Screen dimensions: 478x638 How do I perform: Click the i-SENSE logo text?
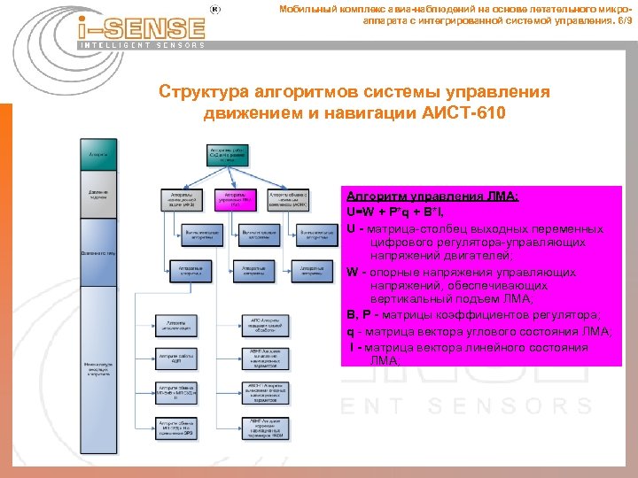146,28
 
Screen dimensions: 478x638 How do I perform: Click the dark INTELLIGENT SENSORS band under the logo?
142,44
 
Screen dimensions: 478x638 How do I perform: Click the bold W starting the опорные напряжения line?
352,271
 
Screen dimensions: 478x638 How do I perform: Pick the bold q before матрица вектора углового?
351,332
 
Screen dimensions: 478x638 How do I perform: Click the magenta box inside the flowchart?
235,201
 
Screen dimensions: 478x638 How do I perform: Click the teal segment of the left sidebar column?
97,155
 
